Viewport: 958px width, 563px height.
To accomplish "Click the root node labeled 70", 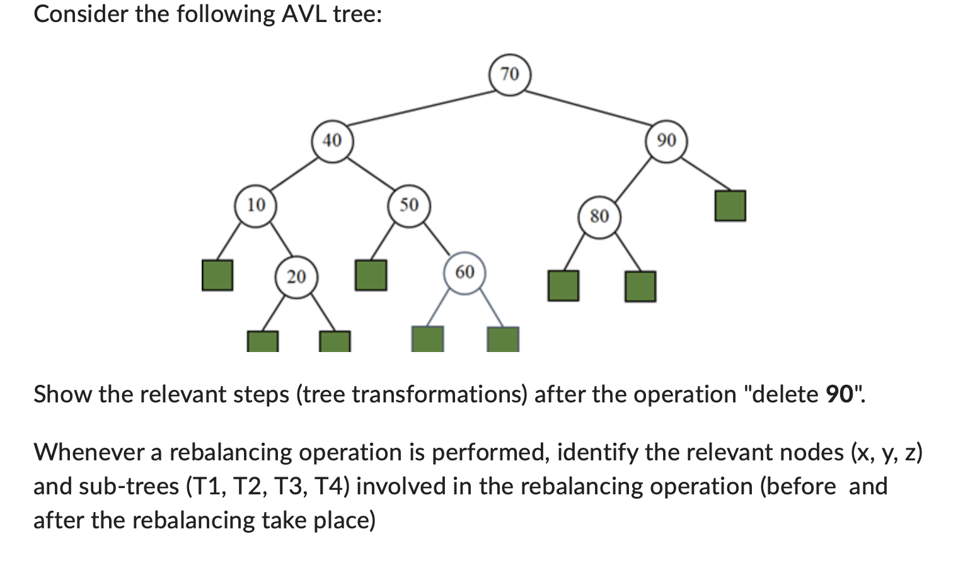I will point(510,75).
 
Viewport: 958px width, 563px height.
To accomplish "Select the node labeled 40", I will point(332,140).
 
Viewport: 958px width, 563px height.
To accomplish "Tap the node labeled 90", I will point(666,140).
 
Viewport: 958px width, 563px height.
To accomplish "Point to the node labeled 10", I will point(256,205).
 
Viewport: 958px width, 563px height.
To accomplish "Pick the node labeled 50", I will point(409,205).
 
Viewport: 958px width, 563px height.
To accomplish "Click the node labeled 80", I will point(599,217).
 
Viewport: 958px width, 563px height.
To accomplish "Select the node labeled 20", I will point(296,277).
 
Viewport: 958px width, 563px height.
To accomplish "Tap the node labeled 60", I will point(465,273).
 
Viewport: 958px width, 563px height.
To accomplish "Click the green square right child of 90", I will point(730,206).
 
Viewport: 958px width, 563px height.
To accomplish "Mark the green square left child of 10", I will point(217,275).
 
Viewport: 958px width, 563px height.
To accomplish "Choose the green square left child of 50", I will point(371,275).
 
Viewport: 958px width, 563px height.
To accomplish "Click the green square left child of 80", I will point(563,286).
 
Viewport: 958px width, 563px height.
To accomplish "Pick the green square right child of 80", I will point(640,286).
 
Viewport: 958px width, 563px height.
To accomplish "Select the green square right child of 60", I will point(503,339).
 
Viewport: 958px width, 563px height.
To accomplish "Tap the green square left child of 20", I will point(262,342).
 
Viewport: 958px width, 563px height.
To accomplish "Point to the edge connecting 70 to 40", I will point(421,108).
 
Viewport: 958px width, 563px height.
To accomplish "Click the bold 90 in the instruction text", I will point(839,395).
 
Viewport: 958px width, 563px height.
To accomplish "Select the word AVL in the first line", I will point(304,14).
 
